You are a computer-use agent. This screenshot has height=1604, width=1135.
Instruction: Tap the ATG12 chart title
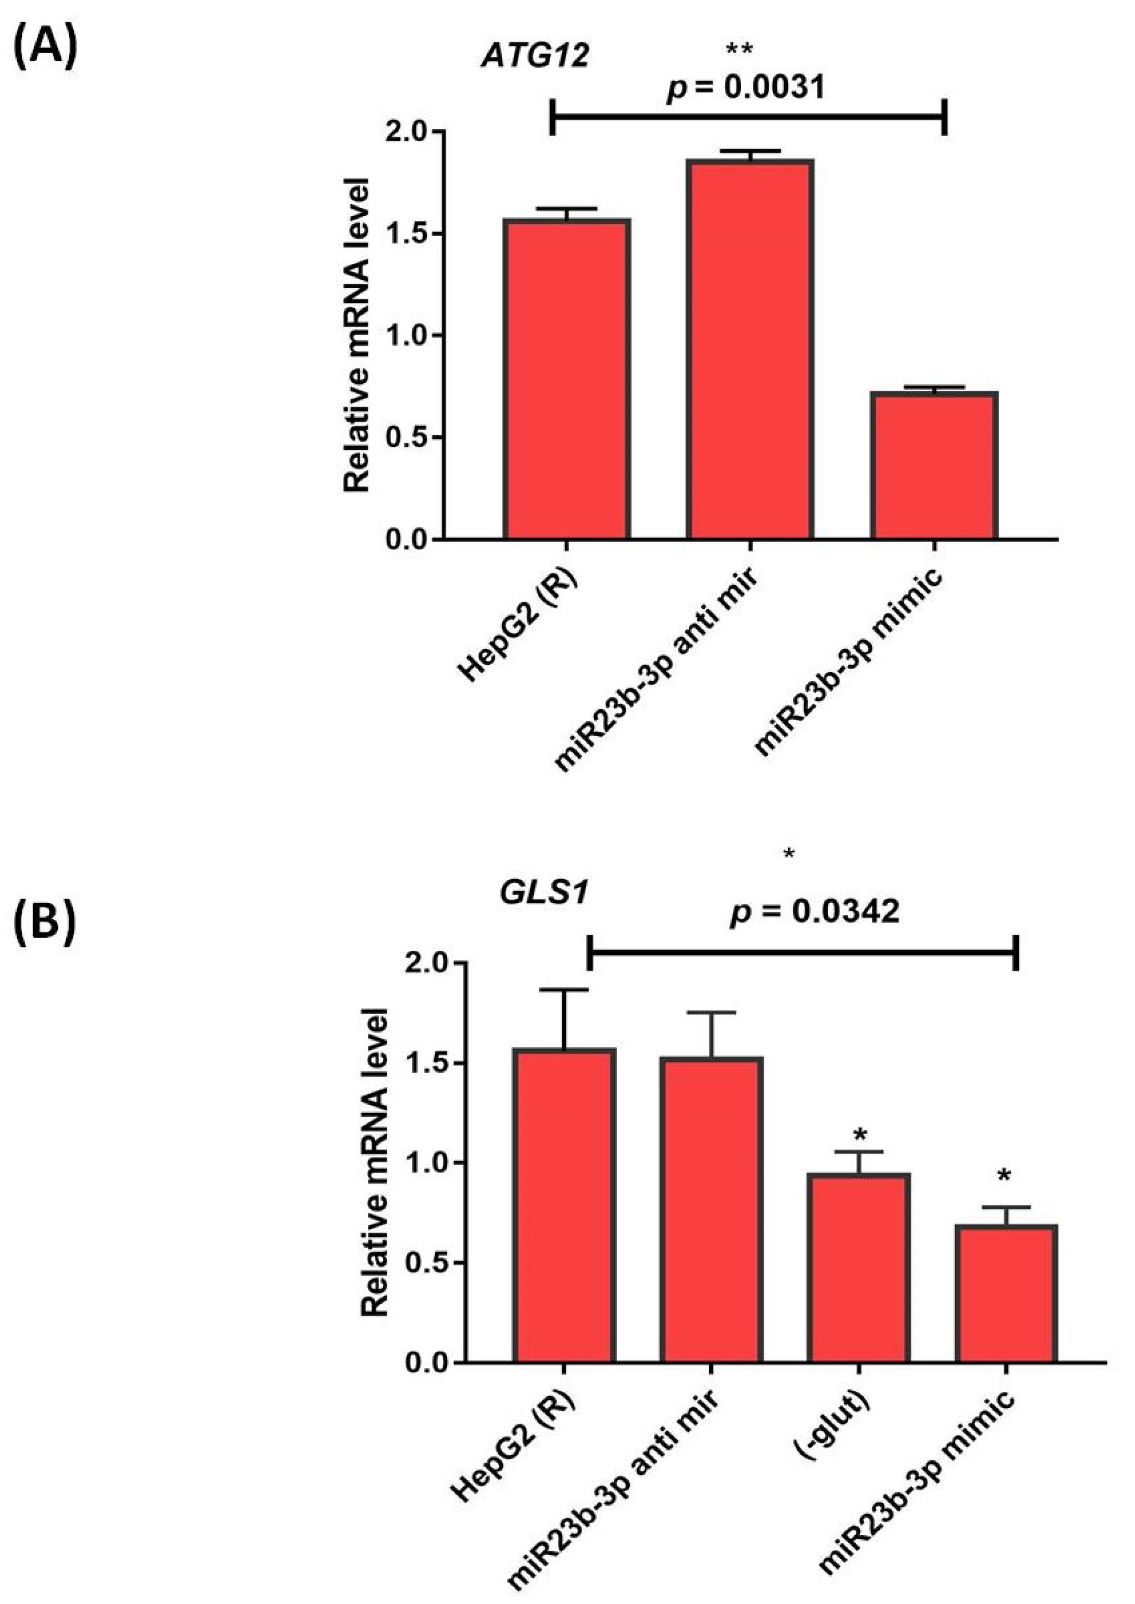tap(534, 56)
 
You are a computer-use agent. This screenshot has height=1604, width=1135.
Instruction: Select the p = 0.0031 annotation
tap(747, 87)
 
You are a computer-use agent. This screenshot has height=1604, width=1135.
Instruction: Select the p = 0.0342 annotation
tap(814, 912)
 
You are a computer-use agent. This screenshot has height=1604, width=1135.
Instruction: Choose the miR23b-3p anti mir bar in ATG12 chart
tap(749, 349)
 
